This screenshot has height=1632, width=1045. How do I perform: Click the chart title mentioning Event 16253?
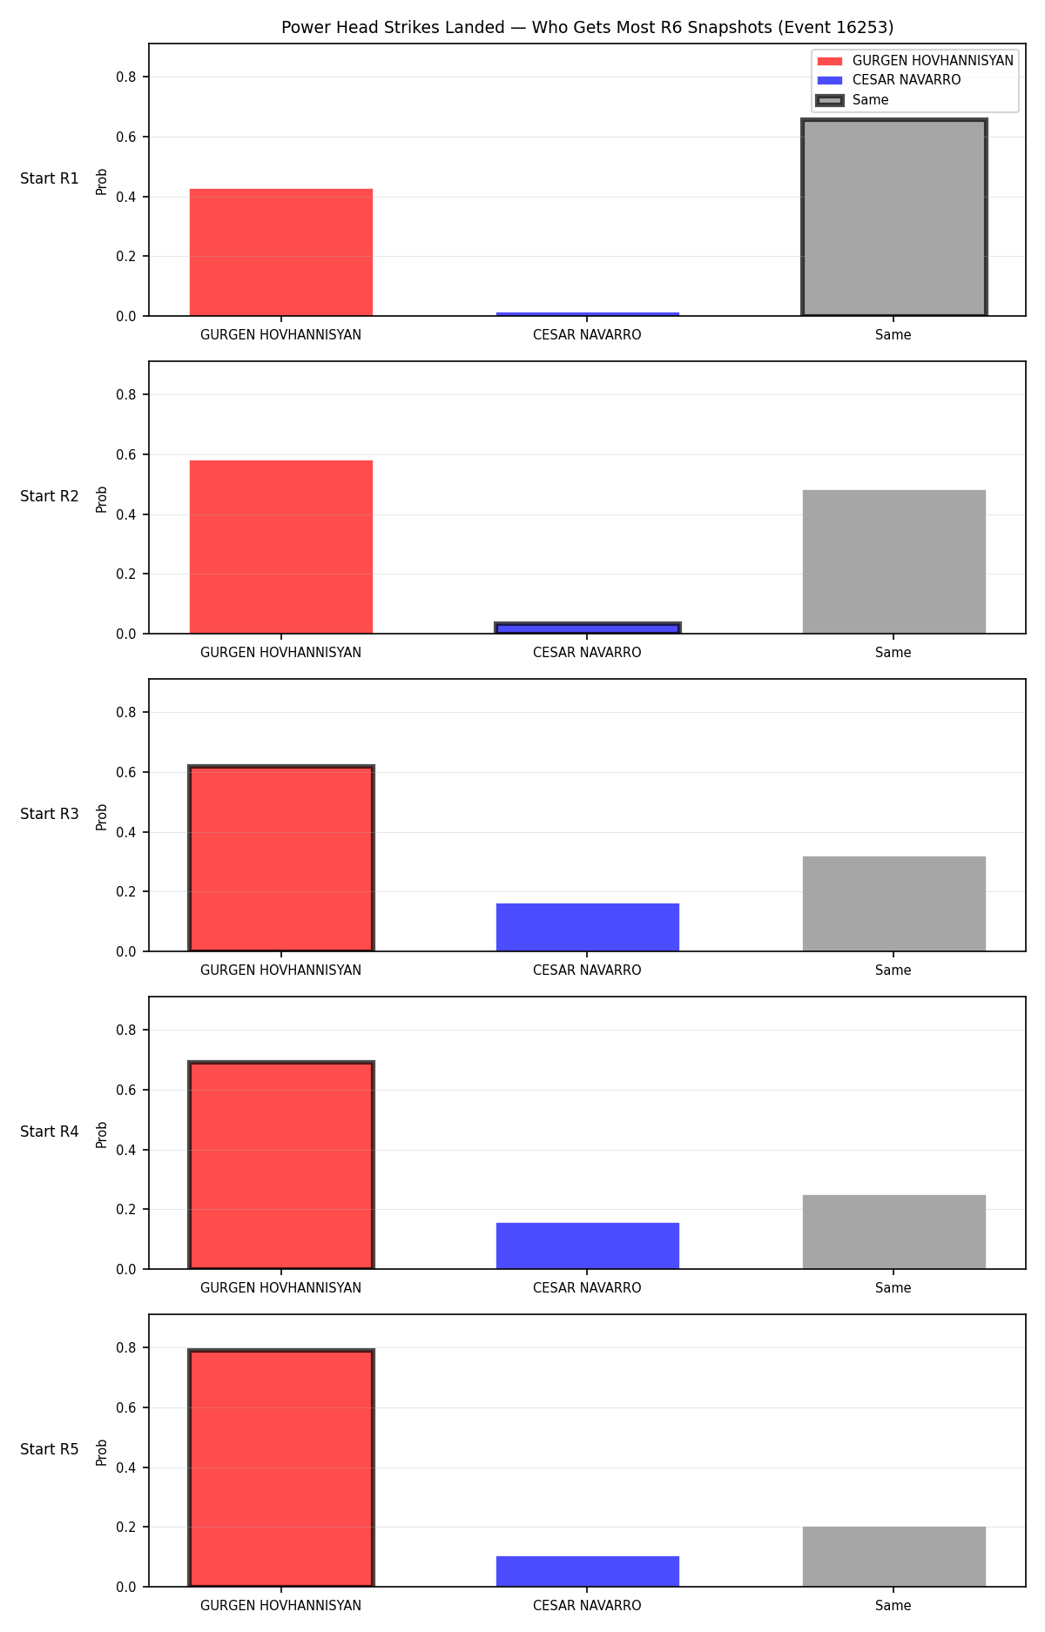(x=587, y=27)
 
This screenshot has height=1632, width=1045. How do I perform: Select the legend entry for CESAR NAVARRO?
(x=889, y=80)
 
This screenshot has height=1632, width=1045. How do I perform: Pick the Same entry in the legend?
(x=853, y=100)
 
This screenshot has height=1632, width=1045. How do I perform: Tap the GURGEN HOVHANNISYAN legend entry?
(x=915, y=61)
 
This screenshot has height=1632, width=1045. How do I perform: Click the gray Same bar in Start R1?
(x=893, y=218)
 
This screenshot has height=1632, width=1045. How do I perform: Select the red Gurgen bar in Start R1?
(x=280, y=252)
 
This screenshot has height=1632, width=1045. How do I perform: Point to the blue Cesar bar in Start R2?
(x=587, y=628)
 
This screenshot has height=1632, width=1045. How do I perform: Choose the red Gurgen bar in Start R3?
(x=280, y=858)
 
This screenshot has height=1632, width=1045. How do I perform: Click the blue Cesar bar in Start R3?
(x=587, y=927)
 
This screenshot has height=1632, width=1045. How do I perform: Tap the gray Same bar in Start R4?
(x=893, y=1232)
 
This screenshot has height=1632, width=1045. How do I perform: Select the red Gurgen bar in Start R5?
(x=280, y=1468)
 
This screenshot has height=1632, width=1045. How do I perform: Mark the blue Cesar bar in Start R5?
(x=587, y=1571)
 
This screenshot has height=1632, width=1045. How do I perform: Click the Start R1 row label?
(x=50, y=178)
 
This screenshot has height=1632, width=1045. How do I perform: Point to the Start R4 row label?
(x=50, y=1132)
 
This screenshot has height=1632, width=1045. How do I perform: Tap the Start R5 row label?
(x=50, y=1449)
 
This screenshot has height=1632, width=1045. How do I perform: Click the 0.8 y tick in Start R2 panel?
(x=127, y=395)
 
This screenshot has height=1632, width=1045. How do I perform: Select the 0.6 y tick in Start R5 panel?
(x=127, y=1407)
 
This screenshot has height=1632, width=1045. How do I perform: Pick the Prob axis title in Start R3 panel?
(x=102, y=816)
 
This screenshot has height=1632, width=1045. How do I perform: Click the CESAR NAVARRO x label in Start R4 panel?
(x=587, y=1288)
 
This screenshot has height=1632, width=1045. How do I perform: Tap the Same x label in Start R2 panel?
(x=893, y=653)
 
